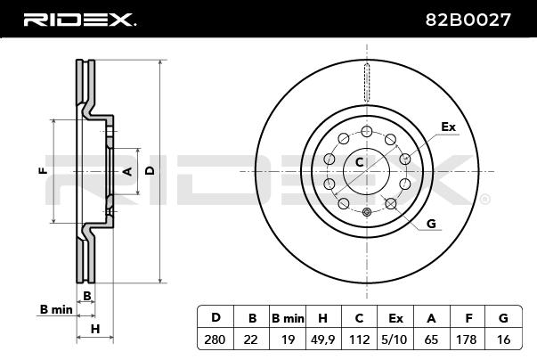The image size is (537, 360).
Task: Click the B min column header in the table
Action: [287, 317]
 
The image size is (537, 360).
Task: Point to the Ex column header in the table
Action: [395, 317]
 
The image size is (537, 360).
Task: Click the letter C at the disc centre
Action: [360, 161]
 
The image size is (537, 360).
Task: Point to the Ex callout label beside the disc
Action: [448, 127]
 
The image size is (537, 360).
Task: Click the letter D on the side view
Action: [150, 169]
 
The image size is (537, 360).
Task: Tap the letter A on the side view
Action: [126, 170]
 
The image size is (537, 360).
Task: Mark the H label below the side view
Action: [95, 330]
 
